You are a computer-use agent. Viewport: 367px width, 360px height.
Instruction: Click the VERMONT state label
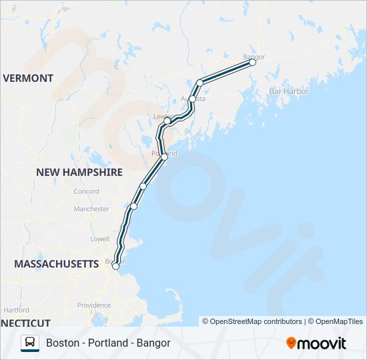[28, 78]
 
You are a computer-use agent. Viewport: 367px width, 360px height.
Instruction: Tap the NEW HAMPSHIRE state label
[79, 172]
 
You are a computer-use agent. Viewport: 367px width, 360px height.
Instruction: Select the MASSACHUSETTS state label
[57, 264]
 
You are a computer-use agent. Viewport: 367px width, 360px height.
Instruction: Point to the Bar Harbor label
[288, 91]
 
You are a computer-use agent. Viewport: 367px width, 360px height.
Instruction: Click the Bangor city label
[254, 57]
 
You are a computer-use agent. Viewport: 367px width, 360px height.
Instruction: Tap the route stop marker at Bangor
[253, 63]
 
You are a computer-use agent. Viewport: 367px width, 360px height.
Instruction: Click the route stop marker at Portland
[164, 157]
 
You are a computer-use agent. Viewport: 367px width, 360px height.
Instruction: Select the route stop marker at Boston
[115, 266]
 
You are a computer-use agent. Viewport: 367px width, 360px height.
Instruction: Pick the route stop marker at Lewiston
[167, 121]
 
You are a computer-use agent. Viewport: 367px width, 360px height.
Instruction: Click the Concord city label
[86, 191]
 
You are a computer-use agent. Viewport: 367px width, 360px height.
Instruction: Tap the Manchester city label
[91, 209]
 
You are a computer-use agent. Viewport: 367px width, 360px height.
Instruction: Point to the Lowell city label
[99, 238]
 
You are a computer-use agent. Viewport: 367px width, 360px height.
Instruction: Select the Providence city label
[93, 305]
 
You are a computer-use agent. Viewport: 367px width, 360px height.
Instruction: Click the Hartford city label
[16, 310]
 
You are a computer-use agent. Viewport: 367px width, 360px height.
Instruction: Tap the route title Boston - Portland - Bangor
[108, 343]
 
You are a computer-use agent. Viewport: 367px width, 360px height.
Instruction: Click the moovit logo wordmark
[316, 343]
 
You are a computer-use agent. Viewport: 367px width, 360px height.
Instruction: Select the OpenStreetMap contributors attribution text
[252, 321]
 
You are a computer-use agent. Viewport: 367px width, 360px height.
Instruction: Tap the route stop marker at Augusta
[193, 99]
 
